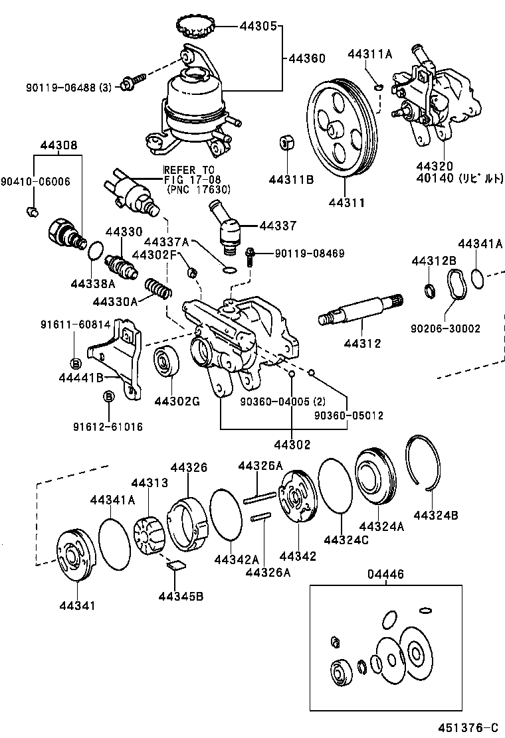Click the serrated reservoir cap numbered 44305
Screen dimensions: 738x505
[x=195, y=27]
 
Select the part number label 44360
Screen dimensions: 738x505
[x=307, y=58]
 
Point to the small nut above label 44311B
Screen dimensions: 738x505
[x=286, y=143]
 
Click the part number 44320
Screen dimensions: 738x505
[x=435, y=166]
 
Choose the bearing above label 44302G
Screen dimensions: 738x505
[x=164, y=364]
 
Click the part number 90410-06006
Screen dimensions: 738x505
[x=35, y=181]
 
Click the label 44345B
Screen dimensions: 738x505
[x=181, y=595]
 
